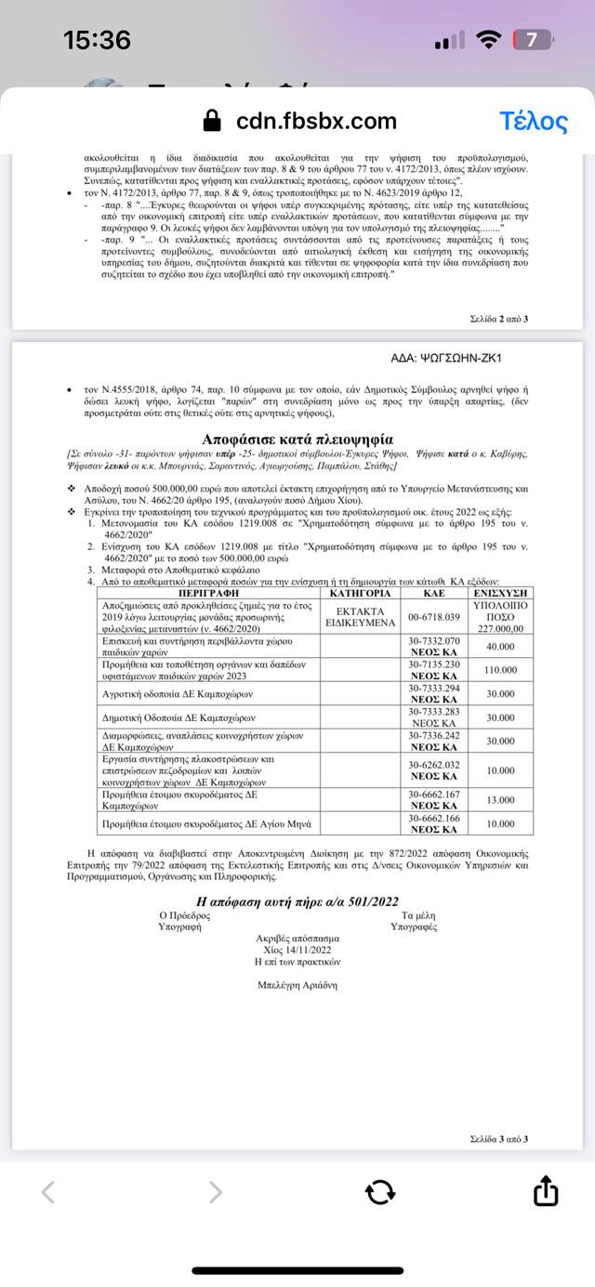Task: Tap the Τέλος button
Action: (x=533, y=122)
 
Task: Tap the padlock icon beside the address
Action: (x=213, y=122)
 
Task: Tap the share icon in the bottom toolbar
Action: (x=546, y=1192)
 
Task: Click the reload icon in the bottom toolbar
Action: (x=380, y=1192)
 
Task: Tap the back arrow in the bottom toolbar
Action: (x=49, y=1192)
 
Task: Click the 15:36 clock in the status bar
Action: (x=97, y=40)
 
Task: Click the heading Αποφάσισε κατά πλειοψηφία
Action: (x=297, y=439)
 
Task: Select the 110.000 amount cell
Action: (x=501, y=670)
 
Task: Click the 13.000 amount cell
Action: (x=501, y=800)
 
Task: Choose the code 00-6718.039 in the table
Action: (x=434, y=617)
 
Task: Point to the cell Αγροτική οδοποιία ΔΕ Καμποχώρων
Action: (x=178, y=694)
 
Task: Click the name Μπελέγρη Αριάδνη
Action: (x=297, y=985)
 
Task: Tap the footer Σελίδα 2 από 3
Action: (x=499, y=319)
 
